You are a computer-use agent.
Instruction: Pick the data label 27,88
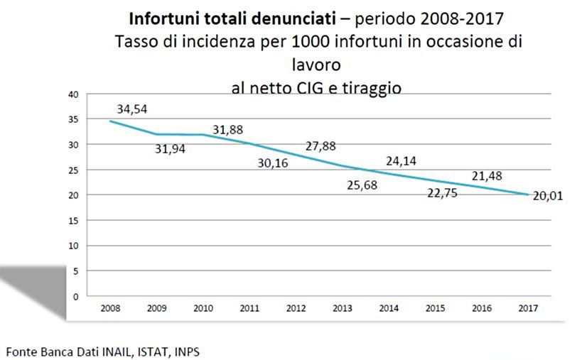(x=320, y=146)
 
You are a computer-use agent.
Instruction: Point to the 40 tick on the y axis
(x=72, y=94)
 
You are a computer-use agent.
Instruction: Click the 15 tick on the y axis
(x=72, y=220)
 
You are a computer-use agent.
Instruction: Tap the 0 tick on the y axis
(x=75, y=296)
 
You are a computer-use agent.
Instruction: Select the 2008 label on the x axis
(x=111, y=309)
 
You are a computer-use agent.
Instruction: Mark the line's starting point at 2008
(x=110, y=121)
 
